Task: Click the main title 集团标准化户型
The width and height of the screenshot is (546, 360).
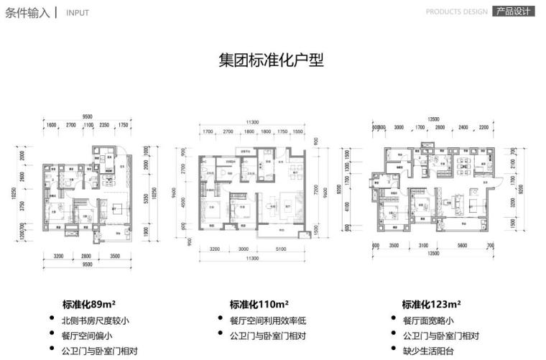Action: pyautogui.click(x=271, y=60)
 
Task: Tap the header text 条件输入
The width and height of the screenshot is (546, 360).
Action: pyautogui.click(x=27, y=11)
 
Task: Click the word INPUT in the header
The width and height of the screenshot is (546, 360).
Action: pyautogui.click(x=78, y=13)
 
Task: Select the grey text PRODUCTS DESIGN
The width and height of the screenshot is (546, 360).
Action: pyautogui.click(x=456, y=12)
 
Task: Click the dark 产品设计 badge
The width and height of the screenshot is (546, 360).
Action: pyautogui.click(x=513, y=11)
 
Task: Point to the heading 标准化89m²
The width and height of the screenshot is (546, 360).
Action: pyautogui.click(x=91, y=304)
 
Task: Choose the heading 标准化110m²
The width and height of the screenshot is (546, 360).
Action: pyautogui.click(x=259, y=304)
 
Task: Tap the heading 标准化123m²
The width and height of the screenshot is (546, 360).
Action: pyautogui.click(x=431, y=304)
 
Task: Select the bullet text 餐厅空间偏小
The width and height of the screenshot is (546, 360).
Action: pyautogui.click(x=87, y=336)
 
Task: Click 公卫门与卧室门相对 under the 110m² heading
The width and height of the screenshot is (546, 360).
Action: pyautogui.click(x=267, y=336)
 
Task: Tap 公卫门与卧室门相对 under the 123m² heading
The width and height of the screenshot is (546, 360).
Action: pyautogui.click(x=440, y=336)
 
